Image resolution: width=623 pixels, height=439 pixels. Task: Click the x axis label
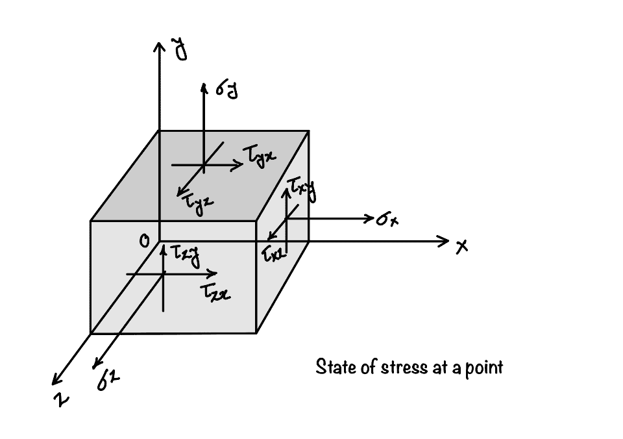coord(462,247)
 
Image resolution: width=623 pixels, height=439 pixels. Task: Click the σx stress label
coord(387,220)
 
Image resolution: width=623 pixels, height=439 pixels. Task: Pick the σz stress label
coord(106,383)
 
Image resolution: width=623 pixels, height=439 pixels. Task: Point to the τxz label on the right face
coord(273,253)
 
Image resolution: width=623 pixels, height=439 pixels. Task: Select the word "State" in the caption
coord(331,367)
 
